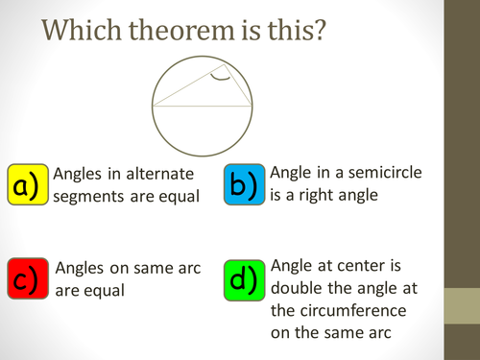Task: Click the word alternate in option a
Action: tap(164, 174)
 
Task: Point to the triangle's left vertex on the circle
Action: tap(152, 106)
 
